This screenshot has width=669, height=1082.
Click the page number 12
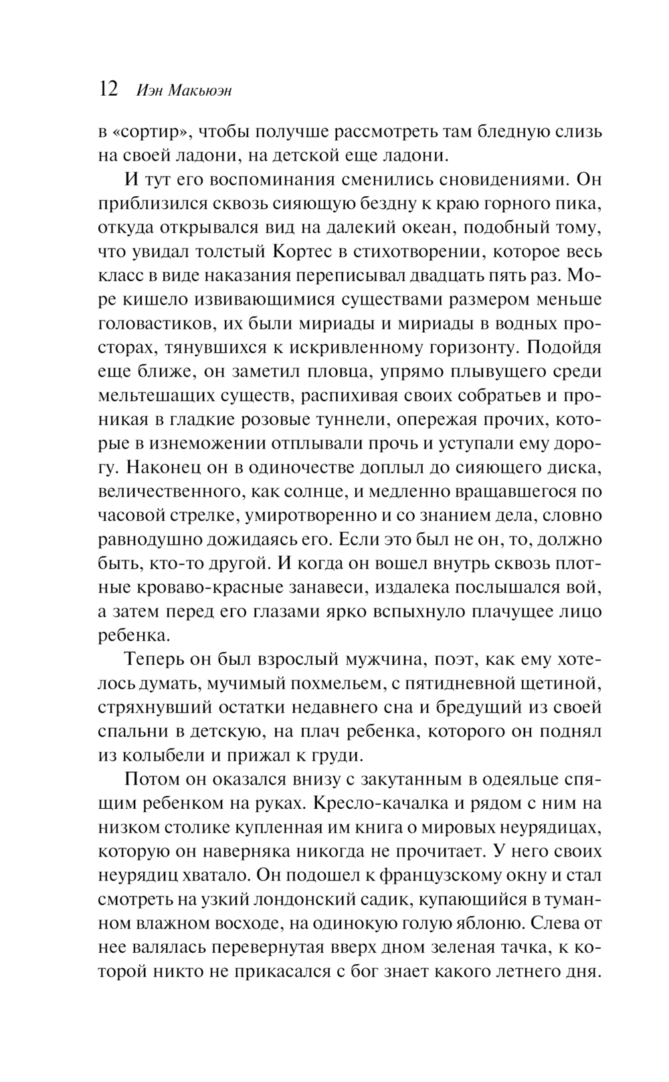tap(108, 89)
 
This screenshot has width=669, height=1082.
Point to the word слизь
tap(579, 131)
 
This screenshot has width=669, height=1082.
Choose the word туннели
tap(351, 419)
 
